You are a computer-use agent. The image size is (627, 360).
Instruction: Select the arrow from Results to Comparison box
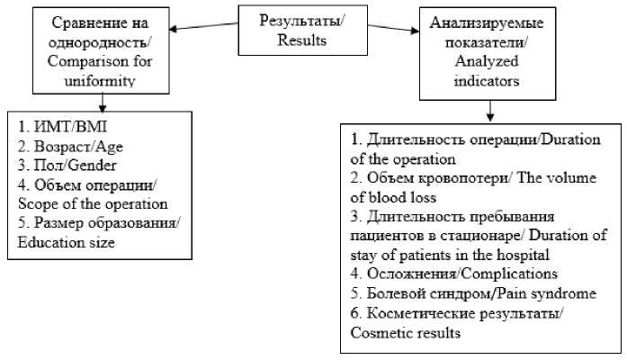coord(202,26)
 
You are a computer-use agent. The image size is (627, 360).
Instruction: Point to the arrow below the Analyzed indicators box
coord(488,110)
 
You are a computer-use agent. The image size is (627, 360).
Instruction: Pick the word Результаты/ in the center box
coord(291,21)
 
